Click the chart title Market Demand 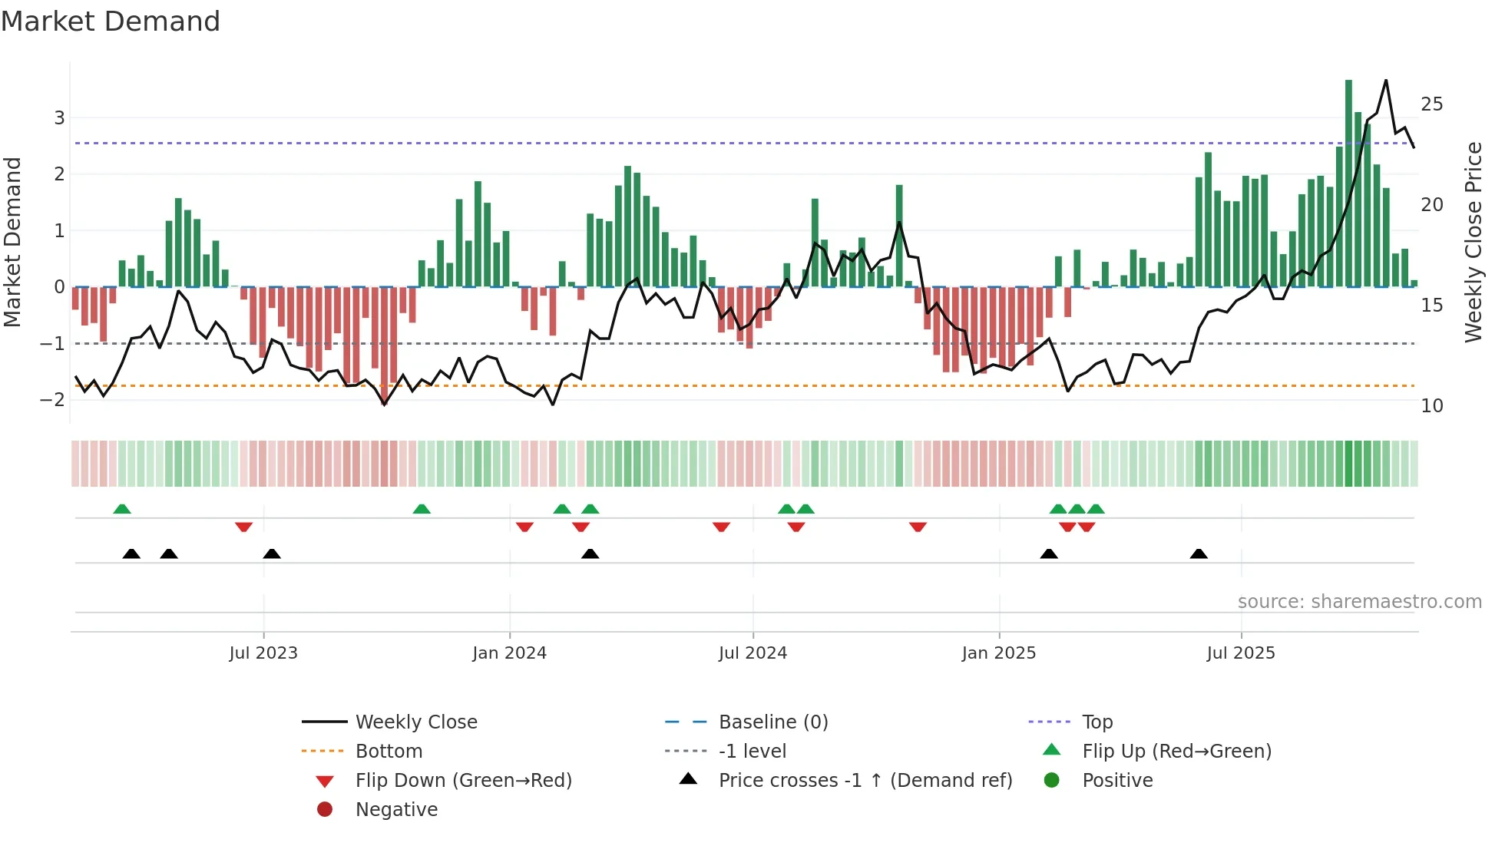tap(111, 21)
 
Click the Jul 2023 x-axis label tap(263, 653)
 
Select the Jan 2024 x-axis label tap(509, 653)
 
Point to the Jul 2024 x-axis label tap(752, 653)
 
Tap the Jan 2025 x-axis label tap(998, 653)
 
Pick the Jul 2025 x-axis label tap(1240, 653)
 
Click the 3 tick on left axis tap(59, 118)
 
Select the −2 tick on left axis tap(53, 400)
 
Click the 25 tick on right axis tap(1431, 104)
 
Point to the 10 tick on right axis tap(1431, 406)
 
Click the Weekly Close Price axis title tap(1473, 242)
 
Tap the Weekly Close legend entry tap(415, 722)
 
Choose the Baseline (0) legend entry tap(772, 722)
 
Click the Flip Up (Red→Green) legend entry tap(1176, 752)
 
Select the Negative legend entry tap(396, 810)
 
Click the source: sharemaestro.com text tap(1359, 602)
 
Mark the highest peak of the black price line tap(1386, 81)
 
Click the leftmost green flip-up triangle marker tap(122, 509)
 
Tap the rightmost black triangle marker tap(1199, 554)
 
